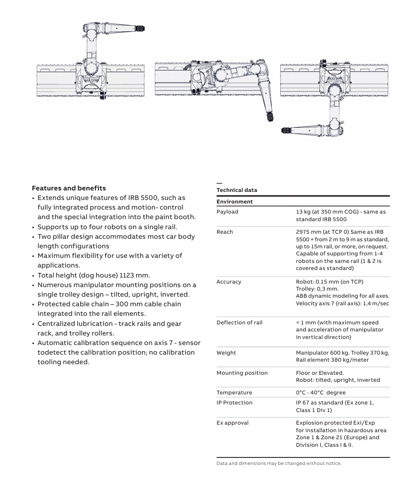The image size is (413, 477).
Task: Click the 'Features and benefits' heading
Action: tap(69, 188)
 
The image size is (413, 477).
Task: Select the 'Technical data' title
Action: tap(237, 190)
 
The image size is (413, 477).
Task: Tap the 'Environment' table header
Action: tap(234, 201)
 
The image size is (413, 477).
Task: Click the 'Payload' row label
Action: tap(227, 212)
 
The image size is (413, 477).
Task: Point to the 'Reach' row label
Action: tap(224, 232)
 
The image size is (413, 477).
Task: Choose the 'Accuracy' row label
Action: tap(228, 282)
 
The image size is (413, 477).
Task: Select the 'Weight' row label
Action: tap(226, 353)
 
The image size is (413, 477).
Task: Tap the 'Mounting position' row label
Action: tap(242, 373)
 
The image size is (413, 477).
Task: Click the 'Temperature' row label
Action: tap(234, 392)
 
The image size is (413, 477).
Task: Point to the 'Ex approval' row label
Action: tap(232, 423)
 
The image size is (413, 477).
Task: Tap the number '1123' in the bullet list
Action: tap(128, 275)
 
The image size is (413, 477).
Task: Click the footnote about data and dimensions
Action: tap(279, 463)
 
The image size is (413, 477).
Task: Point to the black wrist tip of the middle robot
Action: tap(270, 117)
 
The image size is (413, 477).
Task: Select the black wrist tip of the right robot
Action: tap(286, 130)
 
